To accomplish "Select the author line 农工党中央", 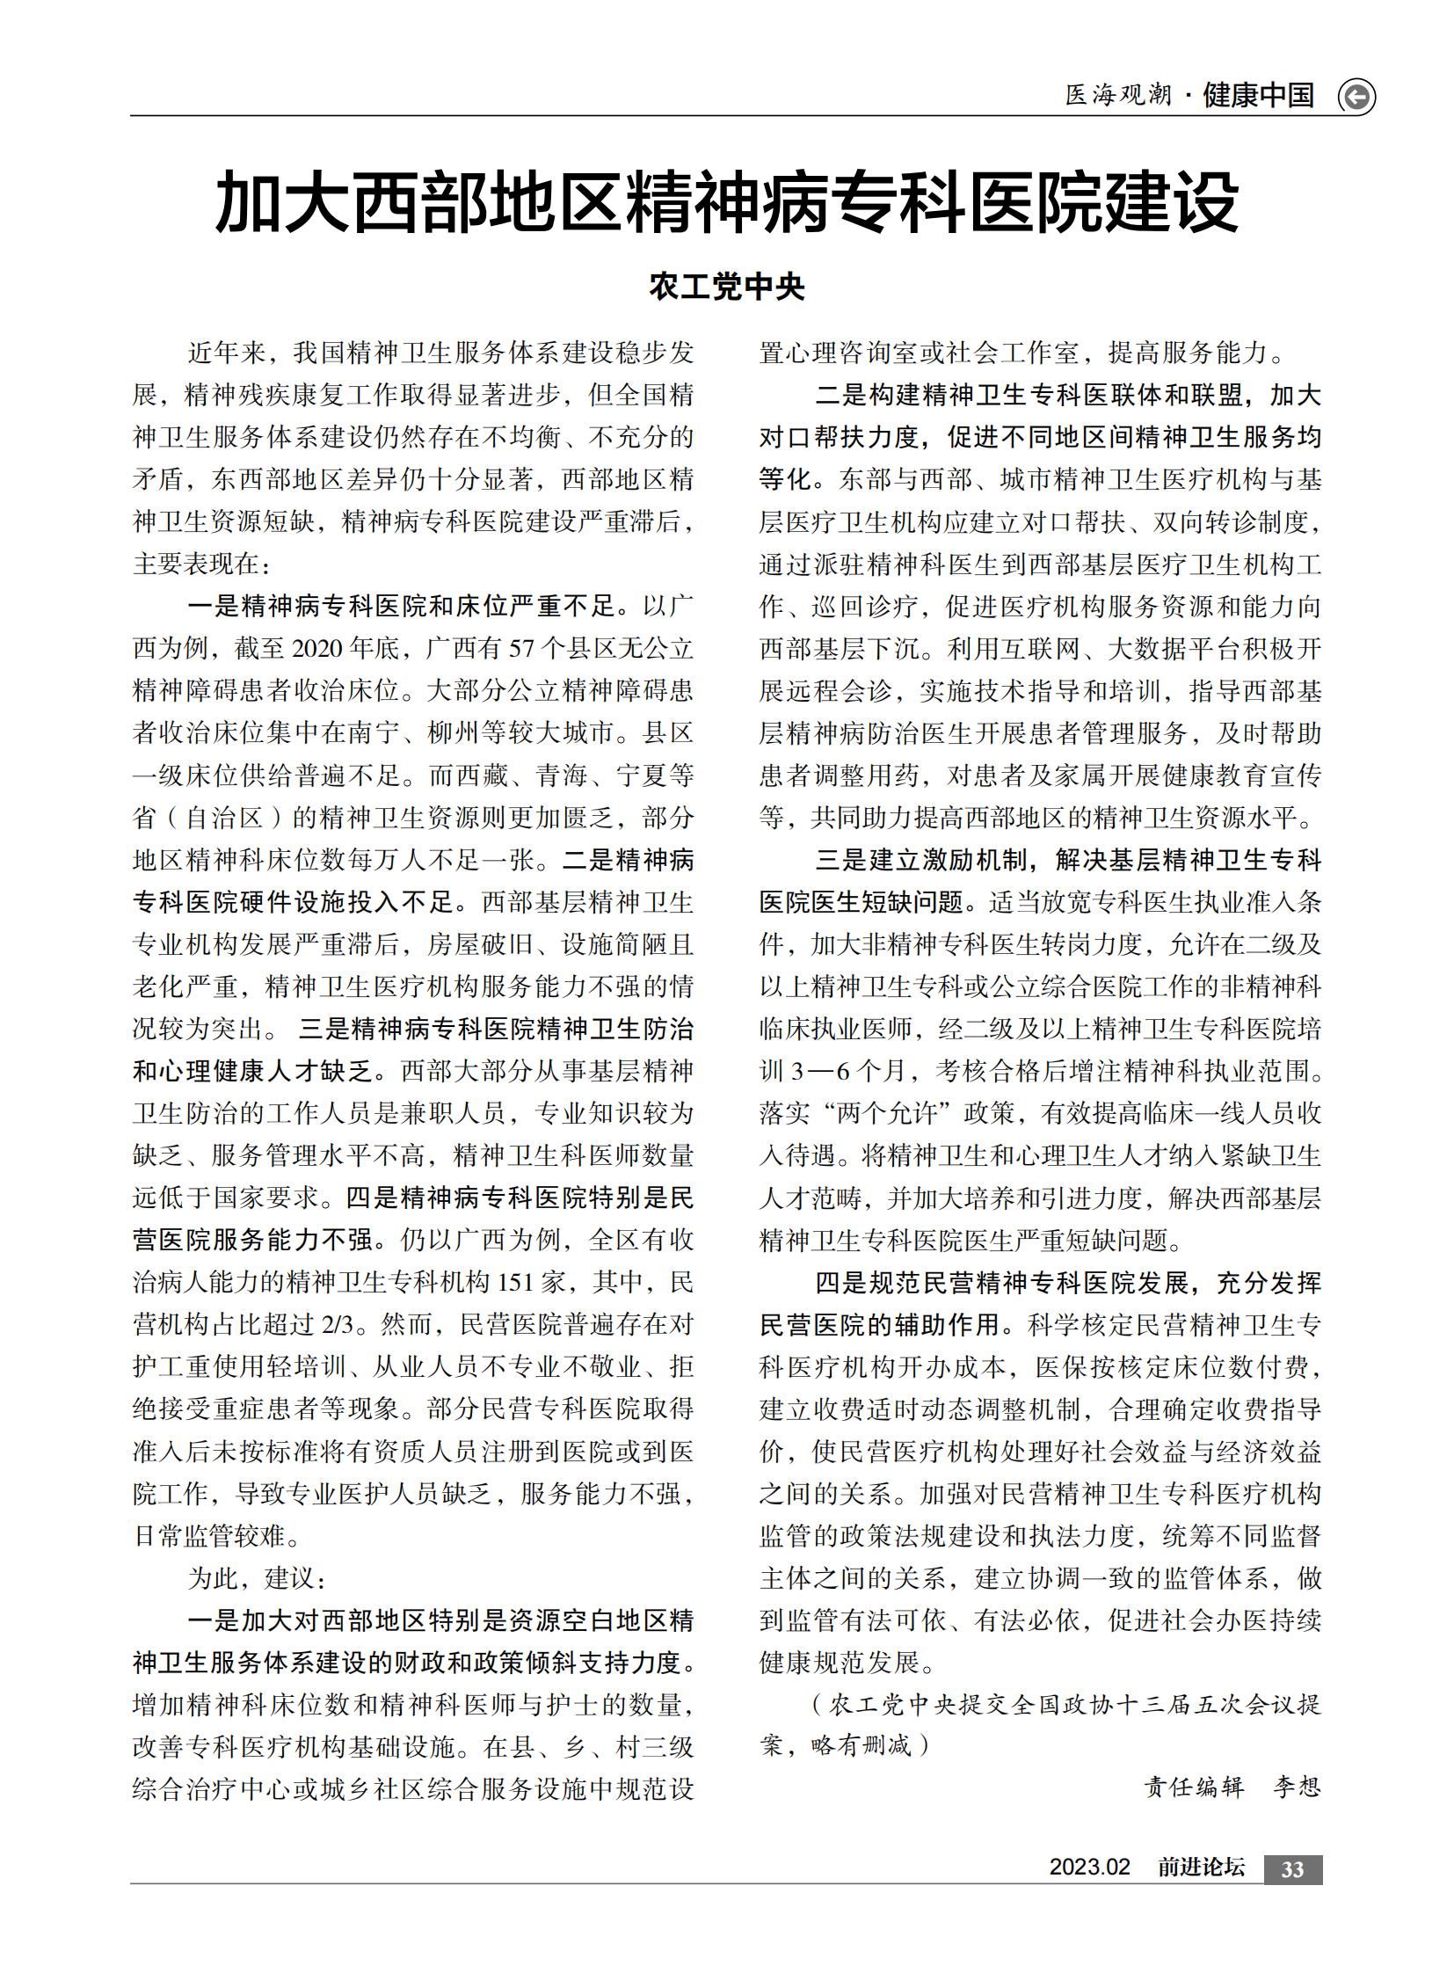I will pyautogui.click(x=727, y=287).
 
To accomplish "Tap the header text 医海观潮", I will pyautogui.click(x=1118, y=95).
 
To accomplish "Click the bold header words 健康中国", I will pyautogui.click(x=1259, y=95).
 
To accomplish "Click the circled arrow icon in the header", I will pyautogui.click(x=1356, y=97).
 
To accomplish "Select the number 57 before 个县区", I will pyautogui.click(x=522, y=649).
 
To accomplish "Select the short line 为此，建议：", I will pyautogui.click(x=256, y=1577).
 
